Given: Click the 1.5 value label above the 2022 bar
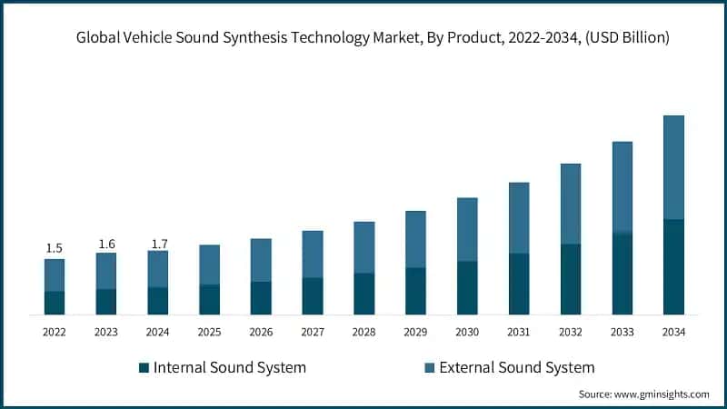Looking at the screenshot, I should pyautogui.click(x=54, y=248).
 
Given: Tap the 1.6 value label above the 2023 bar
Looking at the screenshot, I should pyautogui.click(x=106, y=244).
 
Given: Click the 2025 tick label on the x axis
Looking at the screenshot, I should pyautogui.click(x=209, y=333).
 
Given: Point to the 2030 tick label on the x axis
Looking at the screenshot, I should pyautogui.click(x=467, y=333).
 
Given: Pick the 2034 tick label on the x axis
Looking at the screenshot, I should pyautogui.click(x=673, y=333).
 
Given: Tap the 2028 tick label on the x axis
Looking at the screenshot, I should pyautogui.click(x=363, y=333).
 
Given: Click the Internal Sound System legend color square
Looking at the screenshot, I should pyautogui.click(x=144, y=368).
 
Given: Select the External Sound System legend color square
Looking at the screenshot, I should pyautogui.click(x=429, y=368).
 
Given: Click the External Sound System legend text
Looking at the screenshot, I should pyautogui.click(x=516, y=368).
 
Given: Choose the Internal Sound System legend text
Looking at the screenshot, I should pyautogui.click(x=230, y=368).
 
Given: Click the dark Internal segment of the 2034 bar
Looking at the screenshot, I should pyautogui.click(x=673, y=267).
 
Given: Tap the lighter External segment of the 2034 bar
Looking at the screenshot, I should pyautogui.click(x=673, y=167).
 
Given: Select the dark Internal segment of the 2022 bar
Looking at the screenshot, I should pyautogui.click(x=55, y=303).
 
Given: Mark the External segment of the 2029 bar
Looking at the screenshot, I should pyautogui.click(x=415, y=239).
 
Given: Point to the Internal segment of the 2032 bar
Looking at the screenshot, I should pyautogui.click(x=570, y=279).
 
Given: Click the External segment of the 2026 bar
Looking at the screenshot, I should pyautogui.click(x=261, y=260).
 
